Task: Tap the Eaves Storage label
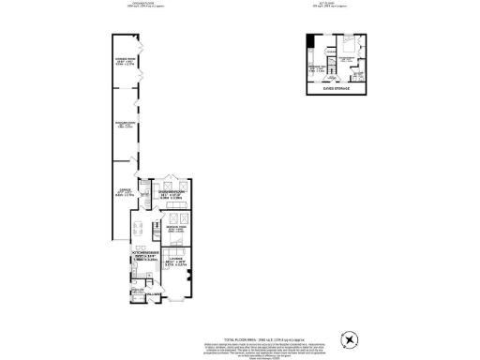(x=334, y=91)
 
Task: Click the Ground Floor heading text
(x=137, y=4)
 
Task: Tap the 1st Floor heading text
(x=335, y=4)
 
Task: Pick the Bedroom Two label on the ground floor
(x=173, y=227)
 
